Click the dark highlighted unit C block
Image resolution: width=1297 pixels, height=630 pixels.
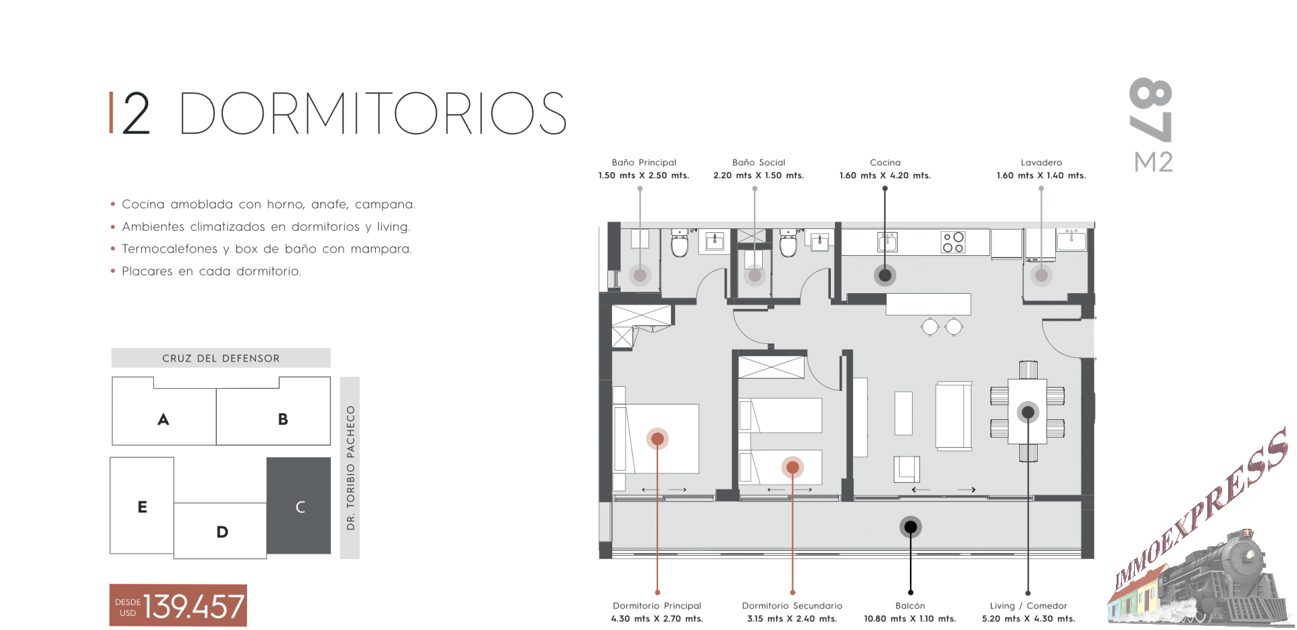(x=299, y=506)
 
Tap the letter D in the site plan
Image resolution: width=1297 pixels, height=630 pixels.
(x=222, y=532)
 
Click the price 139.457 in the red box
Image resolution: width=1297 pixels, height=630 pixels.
(x=193, y=606)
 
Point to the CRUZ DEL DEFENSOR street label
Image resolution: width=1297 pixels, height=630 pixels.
(x=221, y=359)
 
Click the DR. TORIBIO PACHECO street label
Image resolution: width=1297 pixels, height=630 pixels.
(x=350, y=468)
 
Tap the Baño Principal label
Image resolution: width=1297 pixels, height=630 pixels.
(x=644, y=162)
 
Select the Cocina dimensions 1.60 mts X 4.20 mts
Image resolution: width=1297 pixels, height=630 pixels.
(x=885, y=176)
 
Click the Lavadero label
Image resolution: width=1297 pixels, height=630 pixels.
(x=1041, y=162)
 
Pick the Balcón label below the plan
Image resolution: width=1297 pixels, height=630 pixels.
(x=910, y=606)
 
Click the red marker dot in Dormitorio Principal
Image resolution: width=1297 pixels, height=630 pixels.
(x=657, y=439)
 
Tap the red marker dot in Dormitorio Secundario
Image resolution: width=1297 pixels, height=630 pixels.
(x=792, y=467)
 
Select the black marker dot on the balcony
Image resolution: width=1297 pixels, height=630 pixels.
(x=911, y=527)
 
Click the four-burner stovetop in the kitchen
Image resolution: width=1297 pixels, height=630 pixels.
(x=953, y=242)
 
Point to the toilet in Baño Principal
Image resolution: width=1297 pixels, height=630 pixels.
(x=680, y=243)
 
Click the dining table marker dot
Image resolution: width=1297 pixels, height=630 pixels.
(x=1028, y=412)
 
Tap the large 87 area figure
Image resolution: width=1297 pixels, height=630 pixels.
(x=1151, y=110)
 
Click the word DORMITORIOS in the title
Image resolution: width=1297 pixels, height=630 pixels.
(x=373, y=113)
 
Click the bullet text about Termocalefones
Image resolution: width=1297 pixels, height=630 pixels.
(x=267, y=249)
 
